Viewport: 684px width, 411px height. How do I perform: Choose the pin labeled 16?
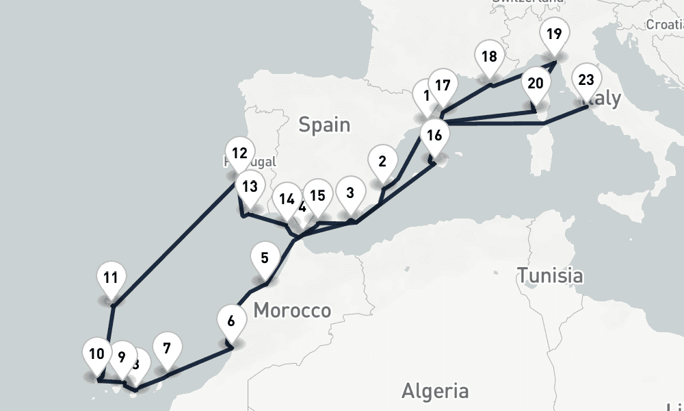click(x=434, y=136)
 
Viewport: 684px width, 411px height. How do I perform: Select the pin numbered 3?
click(x=350, y=193)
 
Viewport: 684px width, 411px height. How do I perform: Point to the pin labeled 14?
click(x=286, y=201)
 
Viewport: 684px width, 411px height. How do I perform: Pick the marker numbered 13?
click(x=250, y=186)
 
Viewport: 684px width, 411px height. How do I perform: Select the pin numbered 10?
click(x=96, y=355)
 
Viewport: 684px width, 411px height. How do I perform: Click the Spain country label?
click(x=324, y=125)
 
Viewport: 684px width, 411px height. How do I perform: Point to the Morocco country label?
click(x=292, y=311)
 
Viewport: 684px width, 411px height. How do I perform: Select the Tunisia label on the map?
click(x=550, y=276)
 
